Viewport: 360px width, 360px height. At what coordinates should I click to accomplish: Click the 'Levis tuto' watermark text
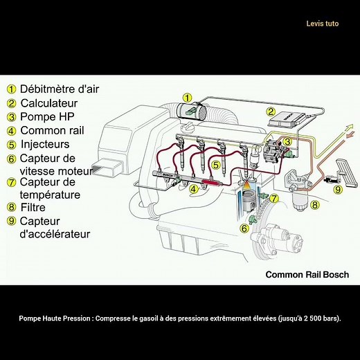coord(322,24)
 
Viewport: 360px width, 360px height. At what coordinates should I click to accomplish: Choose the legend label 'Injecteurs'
coord(45,144)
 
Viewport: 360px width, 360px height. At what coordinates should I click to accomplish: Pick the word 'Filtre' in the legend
coord(34,206)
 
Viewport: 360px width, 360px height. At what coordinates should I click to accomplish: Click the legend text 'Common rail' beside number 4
coord(51,130)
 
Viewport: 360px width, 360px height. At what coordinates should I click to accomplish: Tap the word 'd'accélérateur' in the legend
coord(54,234)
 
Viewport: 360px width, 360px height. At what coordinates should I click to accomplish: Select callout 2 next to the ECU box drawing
coord(272,110)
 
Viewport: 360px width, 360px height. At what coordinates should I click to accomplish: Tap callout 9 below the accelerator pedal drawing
coord(338,188)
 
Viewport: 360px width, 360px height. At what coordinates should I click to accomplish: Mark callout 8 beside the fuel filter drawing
coord(314,205)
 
